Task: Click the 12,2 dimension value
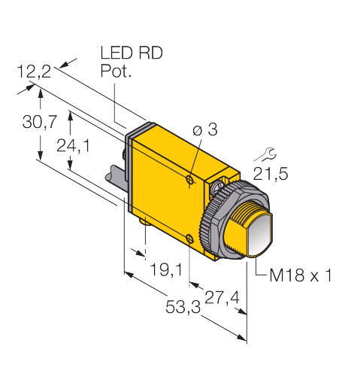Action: [x=34, y=71]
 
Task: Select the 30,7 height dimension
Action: [x=40, y=122]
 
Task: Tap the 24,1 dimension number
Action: [x=73, y=146]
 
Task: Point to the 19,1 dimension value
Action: [x=166, y=270]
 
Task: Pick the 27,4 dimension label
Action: [x=222, y=298]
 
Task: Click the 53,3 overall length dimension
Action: [x=183, y=307]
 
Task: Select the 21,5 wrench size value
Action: [x=271, y=174]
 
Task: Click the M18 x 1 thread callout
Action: [x=301, y=275]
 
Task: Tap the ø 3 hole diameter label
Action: [x=205, y=130]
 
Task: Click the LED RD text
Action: [x=132, y=53]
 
